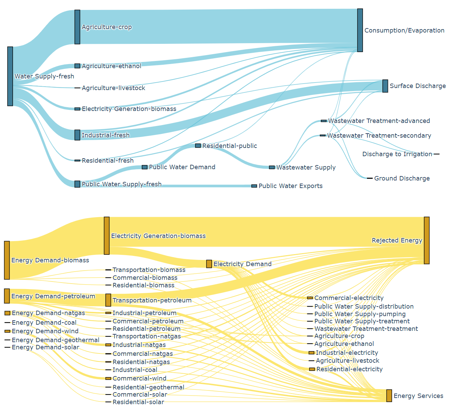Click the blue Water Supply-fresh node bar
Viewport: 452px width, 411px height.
coord(10,76)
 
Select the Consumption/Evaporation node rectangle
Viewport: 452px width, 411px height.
coord(360,30)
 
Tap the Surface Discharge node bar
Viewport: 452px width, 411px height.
coord(385,86)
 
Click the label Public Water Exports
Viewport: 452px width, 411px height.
coord(290,186)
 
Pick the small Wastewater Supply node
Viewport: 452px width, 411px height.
coord(272,167)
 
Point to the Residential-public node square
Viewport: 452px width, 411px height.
coord(198,146)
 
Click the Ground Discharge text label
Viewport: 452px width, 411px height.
coord(402,178)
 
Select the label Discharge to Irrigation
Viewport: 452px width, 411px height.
coord(397,154)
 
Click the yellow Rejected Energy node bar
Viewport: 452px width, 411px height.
coord(427,240)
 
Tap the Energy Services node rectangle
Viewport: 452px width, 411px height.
coord(389,396)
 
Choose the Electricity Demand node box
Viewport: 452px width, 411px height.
coord(209,264)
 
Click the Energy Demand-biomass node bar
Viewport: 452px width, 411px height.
coord(7,260)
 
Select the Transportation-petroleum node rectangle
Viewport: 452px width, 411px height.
coord(108,300)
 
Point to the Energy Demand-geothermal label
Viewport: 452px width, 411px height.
coord(55,340)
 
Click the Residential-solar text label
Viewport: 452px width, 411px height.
coord(138,402)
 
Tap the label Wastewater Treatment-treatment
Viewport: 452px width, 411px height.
coord(366,329)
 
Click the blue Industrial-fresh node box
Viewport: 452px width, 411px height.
coord(77,135)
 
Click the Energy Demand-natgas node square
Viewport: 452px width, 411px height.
coord(8,313)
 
